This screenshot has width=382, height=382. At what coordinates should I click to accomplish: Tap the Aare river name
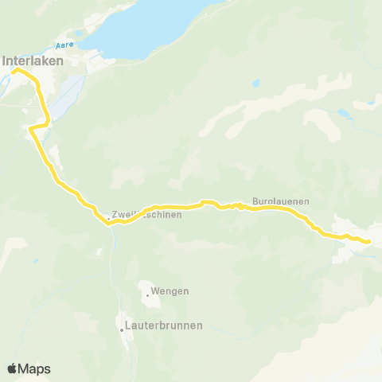pos(64,46)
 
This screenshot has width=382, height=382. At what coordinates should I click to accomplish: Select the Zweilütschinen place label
pos(148,215)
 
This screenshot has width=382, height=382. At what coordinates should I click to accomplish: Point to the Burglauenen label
pos(280,202)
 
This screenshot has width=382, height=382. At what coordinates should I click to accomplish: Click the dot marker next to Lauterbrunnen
pos(122,328)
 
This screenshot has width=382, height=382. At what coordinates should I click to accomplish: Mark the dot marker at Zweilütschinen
pos(109,217)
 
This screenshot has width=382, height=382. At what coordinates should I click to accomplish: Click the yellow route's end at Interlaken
pos(14,71)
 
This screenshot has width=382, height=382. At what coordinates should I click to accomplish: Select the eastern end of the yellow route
pos(369,240)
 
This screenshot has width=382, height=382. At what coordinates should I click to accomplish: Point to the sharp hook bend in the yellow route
pos(31,128)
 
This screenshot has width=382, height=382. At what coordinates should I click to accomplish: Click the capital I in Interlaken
pos(6,59)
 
